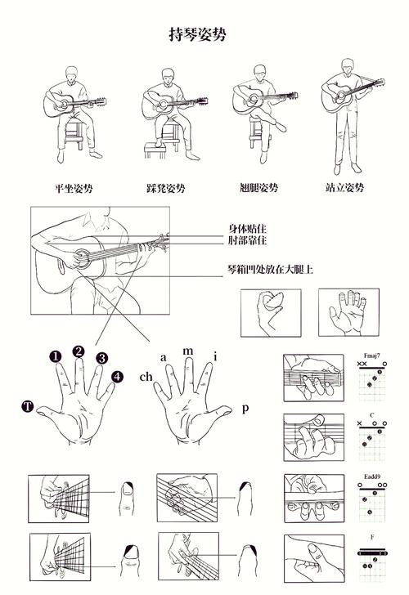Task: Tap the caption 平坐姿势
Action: (x=74, y=188)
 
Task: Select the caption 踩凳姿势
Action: (x=166, y=188)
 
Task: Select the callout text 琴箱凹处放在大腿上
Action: (x=270, y=268)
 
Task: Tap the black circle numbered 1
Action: (x=55, y=356)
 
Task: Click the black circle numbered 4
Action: (x=118, y=377)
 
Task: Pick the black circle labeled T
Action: (x=28, y=406)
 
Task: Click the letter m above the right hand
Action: (x=188, y=351)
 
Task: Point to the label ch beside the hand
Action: (x=146, y=377)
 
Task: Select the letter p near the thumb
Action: (x=245, y=407)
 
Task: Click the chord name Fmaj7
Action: (x=372, y=356)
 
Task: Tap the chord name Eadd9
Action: (x=371, y=476)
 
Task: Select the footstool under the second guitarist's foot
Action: (x=153, y=150)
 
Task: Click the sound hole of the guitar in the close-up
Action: (x=82, y=258)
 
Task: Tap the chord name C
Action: (x=372, y=416)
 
